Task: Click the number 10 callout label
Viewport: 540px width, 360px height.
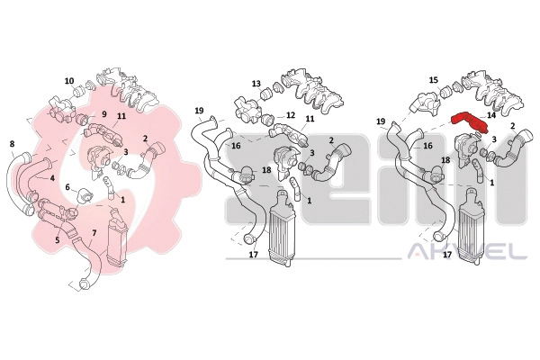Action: pos(69,81)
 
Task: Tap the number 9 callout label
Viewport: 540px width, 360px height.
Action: pos(94,113)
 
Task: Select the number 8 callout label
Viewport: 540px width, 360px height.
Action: pos(12,144)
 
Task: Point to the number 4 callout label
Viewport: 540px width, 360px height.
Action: pos(52,178)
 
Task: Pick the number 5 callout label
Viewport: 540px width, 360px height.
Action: pos(58,239)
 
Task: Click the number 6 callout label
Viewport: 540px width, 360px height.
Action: pos(67,187)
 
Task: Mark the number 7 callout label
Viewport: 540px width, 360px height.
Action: pos(94,233)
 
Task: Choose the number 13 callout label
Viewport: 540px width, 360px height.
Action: pos(256,84)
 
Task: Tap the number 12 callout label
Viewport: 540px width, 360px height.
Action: pos(291,114)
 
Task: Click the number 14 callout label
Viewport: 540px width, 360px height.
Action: pos(491,115)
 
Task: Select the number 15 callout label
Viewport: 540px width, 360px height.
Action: pos(434,80)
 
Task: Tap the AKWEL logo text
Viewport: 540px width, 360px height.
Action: pos(467,251)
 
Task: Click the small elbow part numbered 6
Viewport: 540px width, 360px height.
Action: pos(84,195)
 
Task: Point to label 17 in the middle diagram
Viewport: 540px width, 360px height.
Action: pos(254,256)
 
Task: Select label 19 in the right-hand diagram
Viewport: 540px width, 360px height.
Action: pos(381,121)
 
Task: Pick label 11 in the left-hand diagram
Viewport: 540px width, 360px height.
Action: pos(121,116)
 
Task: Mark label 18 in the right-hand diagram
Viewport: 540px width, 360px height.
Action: pos(445,160)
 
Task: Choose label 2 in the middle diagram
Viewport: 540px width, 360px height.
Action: pos(331,140)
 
